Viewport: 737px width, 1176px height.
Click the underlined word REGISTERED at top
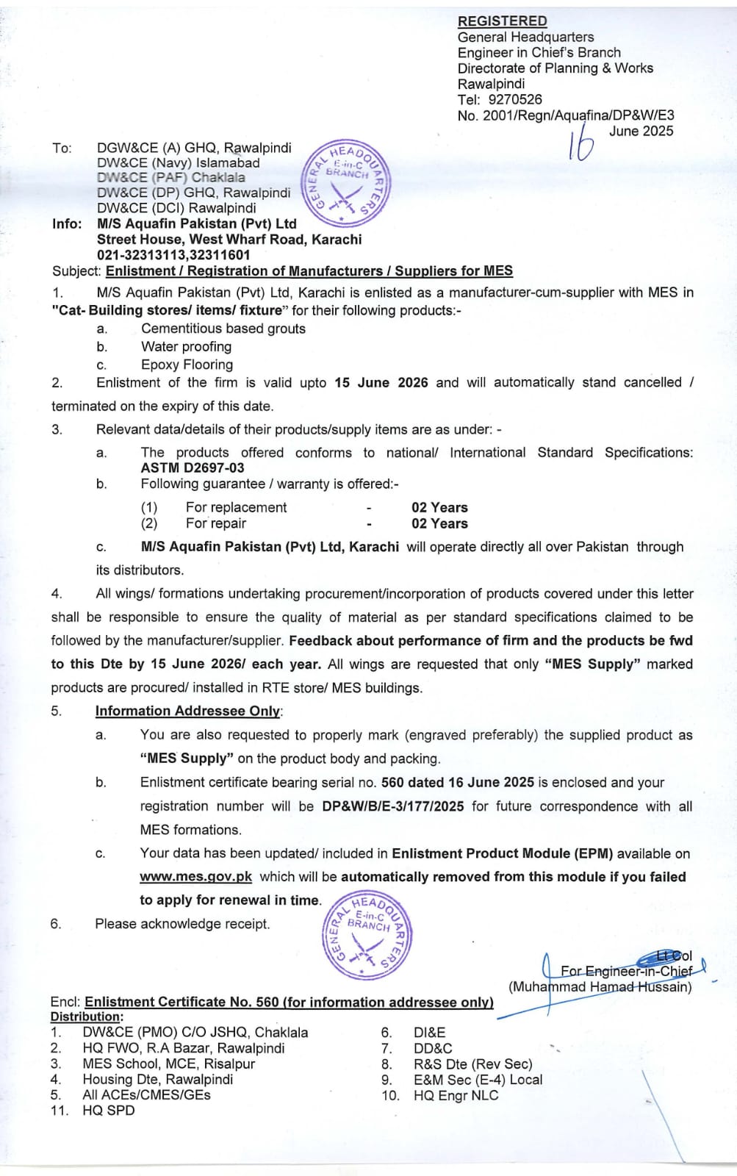(x=502, y=21)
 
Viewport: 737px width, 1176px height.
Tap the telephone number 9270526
(x=515, y=99)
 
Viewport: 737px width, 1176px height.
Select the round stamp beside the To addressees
(x=346, y=181)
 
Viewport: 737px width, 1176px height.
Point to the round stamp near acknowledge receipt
(x=367, y=934)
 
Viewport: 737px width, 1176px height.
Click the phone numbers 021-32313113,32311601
(x=173, y=255)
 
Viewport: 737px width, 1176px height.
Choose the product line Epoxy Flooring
(x=187, y=365)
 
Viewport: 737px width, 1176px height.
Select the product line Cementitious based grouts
(x=223, y=329)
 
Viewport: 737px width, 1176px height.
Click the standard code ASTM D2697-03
(x=193, y=468)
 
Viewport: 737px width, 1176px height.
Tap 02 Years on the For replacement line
(x=439, y=507)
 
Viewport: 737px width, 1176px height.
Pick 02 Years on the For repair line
(x=439, y=523)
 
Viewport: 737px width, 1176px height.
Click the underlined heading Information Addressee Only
(x=188, y=711)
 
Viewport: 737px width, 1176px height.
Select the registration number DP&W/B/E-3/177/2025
(x=393, y=806)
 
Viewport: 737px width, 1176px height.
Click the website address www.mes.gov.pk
(x=196, y=877)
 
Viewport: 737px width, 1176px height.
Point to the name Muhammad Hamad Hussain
(x=600, y=987)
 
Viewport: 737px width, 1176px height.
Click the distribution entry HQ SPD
(x=109, y=1111)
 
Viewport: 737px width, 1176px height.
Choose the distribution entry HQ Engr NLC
(x=456, y=1095)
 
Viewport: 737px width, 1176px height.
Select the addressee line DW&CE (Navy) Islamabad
(x=179, y=163)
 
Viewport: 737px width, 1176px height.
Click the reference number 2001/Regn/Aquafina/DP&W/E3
(x=578, y=115)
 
